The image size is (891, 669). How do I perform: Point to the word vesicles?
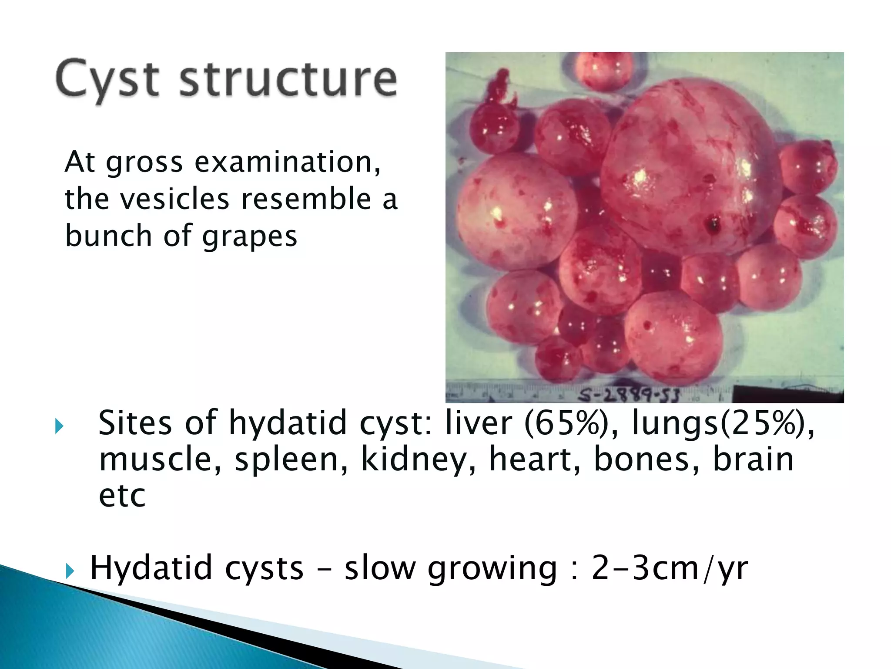(174, 199)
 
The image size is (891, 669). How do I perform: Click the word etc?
(122, 497)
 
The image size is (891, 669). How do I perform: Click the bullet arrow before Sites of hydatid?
(60, 426)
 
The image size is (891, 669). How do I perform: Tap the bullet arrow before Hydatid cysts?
(70, 571)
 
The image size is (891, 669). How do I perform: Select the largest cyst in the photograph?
(687, 170)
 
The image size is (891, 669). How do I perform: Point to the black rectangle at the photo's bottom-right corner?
(787, 394)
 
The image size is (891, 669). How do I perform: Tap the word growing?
(492, 569)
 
